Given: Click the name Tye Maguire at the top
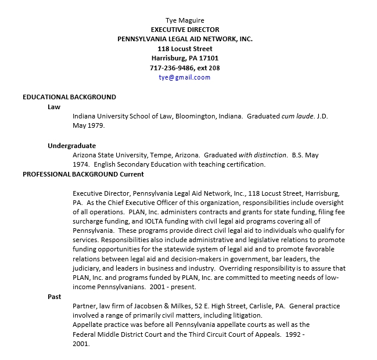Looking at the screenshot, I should coord(185,20).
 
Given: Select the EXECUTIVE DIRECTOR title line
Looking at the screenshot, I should coord(185,30).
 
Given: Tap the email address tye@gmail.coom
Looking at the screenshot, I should coord(185,77).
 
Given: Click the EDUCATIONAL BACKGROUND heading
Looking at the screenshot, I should coord(69,97).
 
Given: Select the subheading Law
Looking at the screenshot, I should coord(54,107).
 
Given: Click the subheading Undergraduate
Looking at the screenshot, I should coord(71,146).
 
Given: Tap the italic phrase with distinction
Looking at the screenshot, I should coord(263,155).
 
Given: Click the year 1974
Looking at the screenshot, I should coord(81,164).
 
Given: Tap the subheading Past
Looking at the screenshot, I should coord(55,297).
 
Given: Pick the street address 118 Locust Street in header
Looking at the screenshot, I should coord(185,49).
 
